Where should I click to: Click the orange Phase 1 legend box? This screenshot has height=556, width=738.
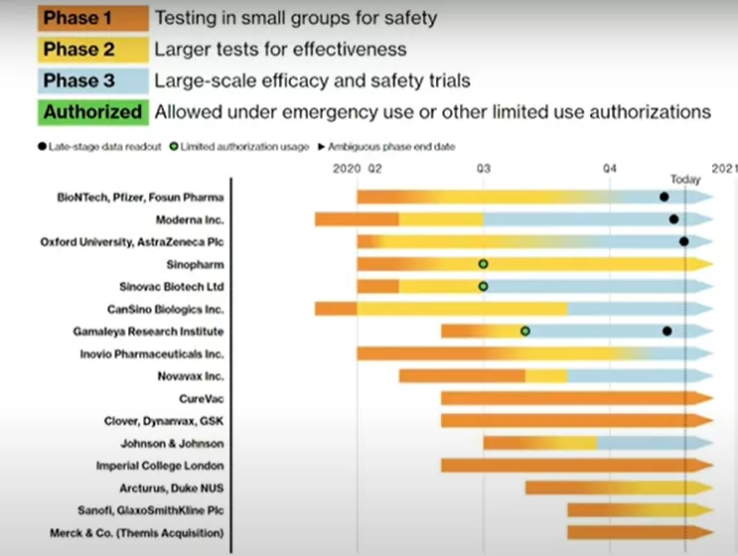click(93, 18)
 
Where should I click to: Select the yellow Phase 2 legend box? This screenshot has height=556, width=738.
click(93, 50)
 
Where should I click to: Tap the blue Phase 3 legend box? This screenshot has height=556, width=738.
click(93, 80)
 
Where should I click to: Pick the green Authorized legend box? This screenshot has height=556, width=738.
click(93, 112)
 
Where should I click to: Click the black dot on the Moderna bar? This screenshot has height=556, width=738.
click(674, 219)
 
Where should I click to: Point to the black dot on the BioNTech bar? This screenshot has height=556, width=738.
click(664, 198)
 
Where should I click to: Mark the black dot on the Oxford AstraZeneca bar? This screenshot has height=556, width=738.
click(684, 242)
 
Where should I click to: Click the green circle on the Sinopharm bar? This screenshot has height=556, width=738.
click(483, 264)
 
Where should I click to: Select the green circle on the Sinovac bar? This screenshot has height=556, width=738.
click(483, 287)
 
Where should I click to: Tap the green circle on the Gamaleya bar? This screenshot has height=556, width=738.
click(525, 332)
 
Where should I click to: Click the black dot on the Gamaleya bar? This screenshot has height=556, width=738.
click(666, 332)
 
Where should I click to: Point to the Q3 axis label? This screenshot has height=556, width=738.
click(484, 169)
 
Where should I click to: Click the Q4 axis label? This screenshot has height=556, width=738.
click(610, 169)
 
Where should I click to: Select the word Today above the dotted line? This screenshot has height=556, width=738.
click(685, 180)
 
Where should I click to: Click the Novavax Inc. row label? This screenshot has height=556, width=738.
click(191, 376)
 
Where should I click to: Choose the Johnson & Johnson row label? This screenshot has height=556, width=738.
click(172, 444)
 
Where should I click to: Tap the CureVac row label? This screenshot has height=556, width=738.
click(202, 399)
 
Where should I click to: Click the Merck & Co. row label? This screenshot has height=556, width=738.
click(137, 533)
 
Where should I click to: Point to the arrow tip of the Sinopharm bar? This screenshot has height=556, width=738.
click(712, 264)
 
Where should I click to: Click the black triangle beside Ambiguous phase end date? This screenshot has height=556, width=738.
click(322, 147)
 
